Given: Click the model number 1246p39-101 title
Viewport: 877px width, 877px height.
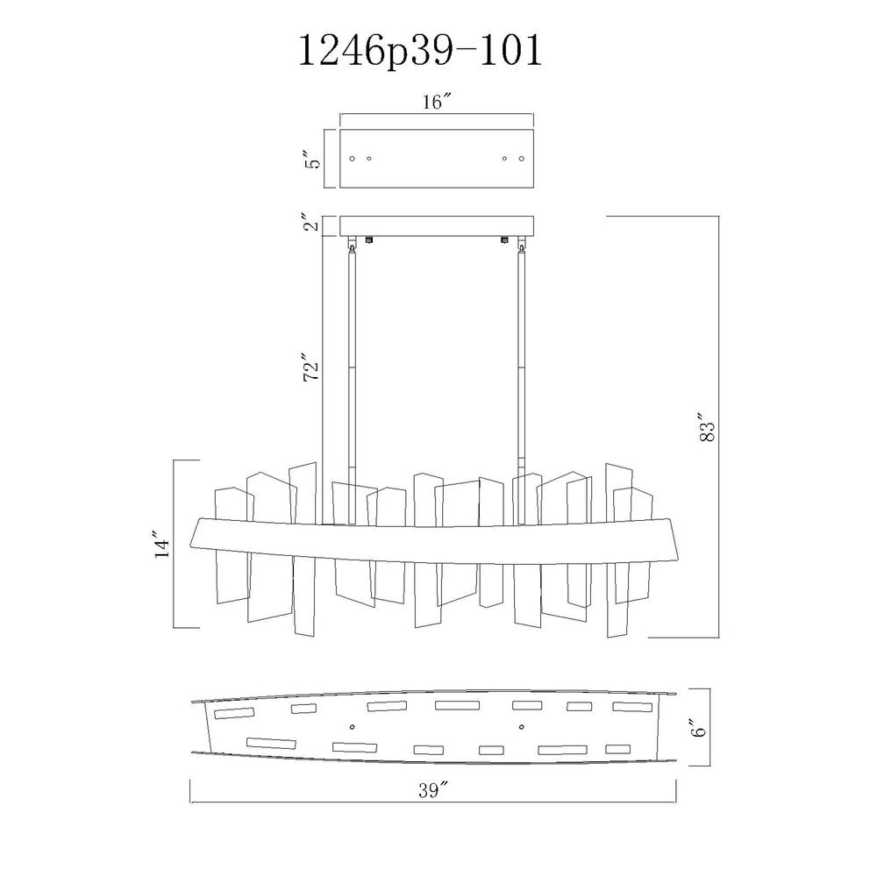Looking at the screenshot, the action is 421,51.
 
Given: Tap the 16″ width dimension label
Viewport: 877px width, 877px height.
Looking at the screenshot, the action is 437,103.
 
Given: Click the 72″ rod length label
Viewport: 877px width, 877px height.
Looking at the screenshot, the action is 311,367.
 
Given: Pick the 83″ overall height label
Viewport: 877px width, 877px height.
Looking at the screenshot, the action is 707,428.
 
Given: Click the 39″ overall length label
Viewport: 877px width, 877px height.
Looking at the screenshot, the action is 433,790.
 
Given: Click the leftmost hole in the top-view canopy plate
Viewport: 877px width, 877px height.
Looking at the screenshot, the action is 352,159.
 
